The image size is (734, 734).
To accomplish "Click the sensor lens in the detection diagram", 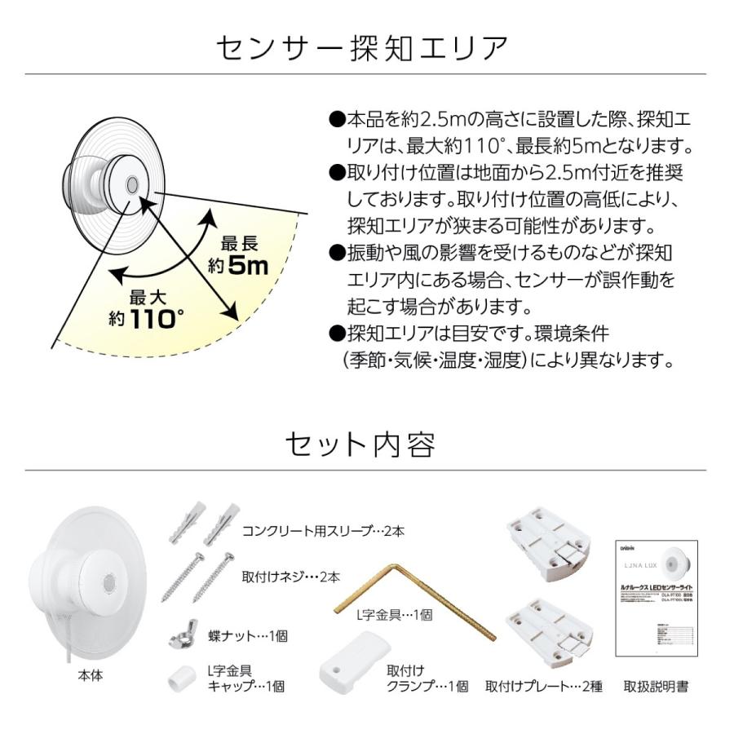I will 131,185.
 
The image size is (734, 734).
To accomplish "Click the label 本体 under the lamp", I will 90,676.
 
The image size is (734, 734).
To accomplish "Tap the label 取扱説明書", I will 655,687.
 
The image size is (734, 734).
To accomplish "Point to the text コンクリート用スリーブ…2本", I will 323,531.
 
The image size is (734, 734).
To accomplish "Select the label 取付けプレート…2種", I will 543,687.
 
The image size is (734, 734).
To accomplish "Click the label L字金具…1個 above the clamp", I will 390,616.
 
